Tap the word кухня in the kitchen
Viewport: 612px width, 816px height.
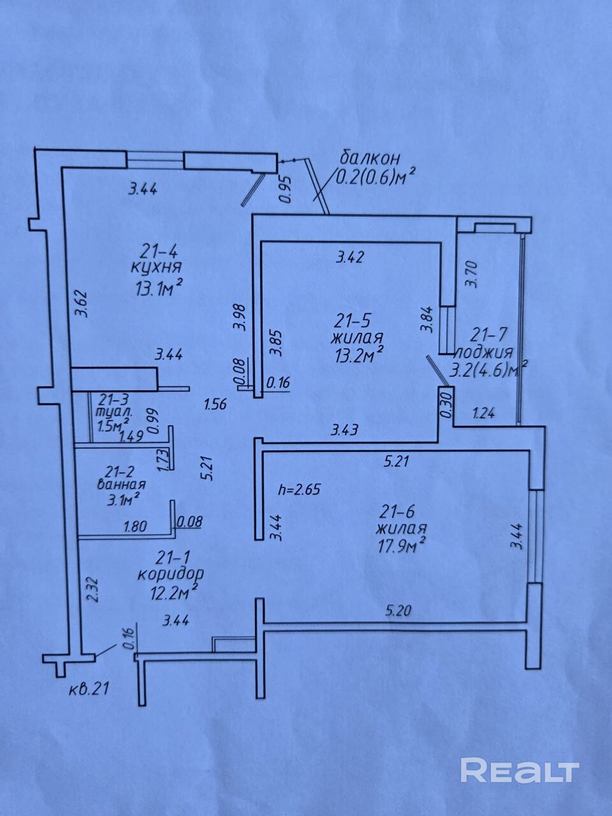(x=156, y=268)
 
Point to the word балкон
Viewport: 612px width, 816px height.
(x=370, y=159)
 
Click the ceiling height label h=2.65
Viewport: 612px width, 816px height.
(x=299, y=490)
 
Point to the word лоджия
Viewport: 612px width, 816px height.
(x=485, y=353)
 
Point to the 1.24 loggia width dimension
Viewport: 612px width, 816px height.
(x=483, y=413)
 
